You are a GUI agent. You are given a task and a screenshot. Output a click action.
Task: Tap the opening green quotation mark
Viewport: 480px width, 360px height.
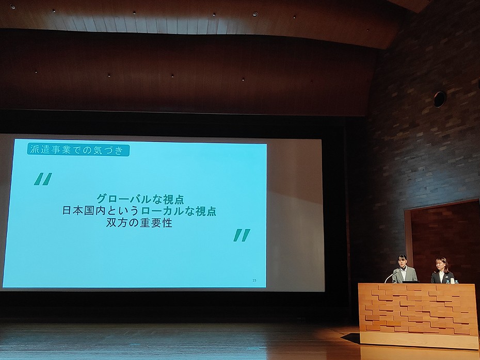43,179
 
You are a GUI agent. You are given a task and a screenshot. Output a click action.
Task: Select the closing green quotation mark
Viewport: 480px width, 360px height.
242,235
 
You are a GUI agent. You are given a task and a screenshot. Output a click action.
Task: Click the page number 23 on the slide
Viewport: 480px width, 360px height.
254,280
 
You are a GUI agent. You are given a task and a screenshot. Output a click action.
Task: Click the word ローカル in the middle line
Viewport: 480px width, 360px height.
162,211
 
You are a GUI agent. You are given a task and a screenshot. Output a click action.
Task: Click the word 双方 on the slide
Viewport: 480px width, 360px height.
117,223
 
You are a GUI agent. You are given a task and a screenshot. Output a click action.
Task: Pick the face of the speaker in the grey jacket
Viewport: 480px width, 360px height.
402,262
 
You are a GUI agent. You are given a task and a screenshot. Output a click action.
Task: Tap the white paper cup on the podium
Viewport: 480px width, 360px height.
452,281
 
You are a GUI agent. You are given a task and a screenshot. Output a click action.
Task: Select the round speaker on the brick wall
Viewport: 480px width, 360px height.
440,99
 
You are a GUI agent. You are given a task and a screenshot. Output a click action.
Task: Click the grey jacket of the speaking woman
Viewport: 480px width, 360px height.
405,275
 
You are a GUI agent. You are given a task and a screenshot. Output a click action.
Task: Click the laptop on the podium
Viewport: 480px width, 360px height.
410,282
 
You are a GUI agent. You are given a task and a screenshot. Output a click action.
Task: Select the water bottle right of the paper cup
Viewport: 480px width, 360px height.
456,282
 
